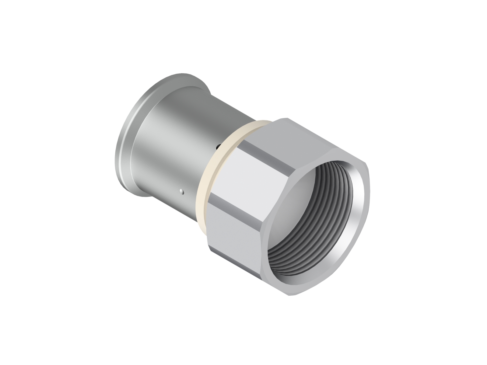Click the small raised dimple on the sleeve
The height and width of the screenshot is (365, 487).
tap(182, 191)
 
